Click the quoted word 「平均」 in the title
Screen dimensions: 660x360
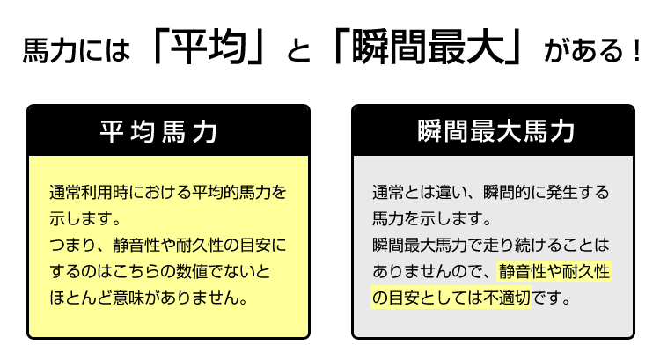(209, 48)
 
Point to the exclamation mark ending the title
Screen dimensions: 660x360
(637, 50)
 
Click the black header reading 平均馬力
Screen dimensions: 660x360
(168, 130)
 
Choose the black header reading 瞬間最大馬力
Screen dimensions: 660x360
(493, 130)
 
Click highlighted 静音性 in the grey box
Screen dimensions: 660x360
(523, 272)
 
